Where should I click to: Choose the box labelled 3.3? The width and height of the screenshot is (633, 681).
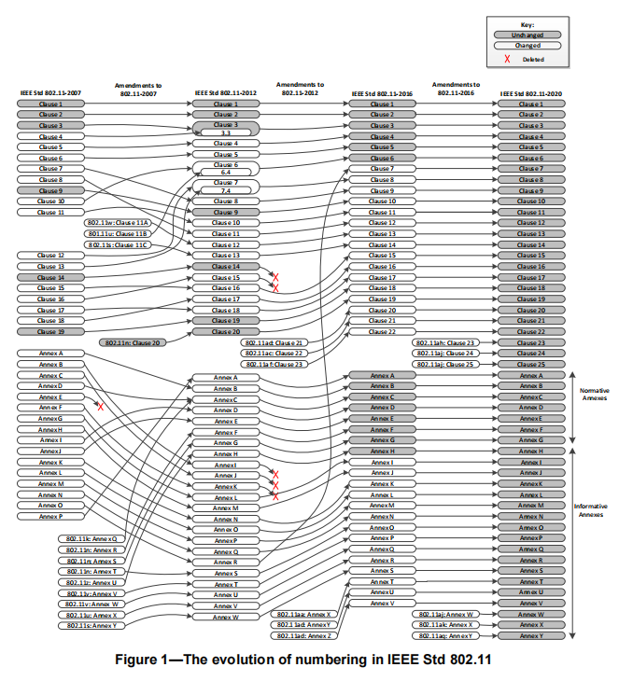[225, 133]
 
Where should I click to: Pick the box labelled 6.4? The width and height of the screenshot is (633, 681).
[225, 173]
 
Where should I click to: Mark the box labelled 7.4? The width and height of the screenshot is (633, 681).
[225, 191]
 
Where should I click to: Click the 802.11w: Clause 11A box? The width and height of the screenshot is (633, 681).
[118, 223]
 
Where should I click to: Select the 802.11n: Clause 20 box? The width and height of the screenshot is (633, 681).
[132, 343]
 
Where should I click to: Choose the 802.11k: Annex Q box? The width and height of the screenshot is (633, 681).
[91, 539]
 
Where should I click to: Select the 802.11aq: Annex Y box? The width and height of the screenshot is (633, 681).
[444, 635]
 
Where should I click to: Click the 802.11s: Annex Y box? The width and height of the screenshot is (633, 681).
[91, 626]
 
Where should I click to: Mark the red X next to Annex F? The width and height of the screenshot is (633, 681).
[100, 407]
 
